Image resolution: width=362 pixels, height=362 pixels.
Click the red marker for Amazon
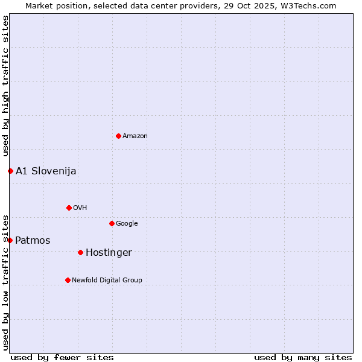click(118, 136)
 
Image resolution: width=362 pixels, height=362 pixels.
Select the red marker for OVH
click(69, 208)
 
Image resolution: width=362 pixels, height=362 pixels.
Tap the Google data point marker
click(112, 223)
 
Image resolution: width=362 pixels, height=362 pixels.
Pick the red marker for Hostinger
click(80, 252)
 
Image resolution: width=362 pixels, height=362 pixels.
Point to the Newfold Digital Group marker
click(68, 280)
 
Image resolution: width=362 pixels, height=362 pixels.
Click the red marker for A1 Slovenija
click(10, 171)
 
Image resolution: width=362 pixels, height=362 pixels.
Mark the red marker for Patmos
click(10, 240)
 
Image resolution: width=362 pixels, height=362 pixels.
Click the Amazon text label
click(135, 136)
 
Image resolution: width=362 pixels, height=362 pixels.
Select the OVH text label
click(80, 208)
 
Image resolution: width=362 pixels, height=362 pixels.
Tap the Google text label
click(127, 224)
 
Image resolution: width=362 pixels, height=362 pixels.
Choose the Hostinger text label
click(109, 253)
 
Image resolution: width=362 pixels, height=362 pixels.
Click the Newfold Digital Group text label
click(107, 281)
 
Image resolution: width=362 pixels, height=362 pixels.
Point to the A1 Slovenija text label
click(46, 171)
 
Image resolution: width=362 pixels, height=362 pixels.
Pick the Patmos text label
click(33, 241)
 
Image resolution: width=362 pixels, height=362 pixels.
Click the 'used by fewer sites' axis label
click(62, 358)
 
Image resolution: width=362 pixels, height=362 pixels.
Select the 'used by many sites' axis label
click(303, 358)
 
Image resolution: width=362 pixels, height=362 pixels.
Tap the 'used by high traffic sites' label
click(5, 86)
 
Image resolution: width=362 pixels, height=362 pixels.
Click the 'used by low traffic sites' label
click(5, 282)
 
